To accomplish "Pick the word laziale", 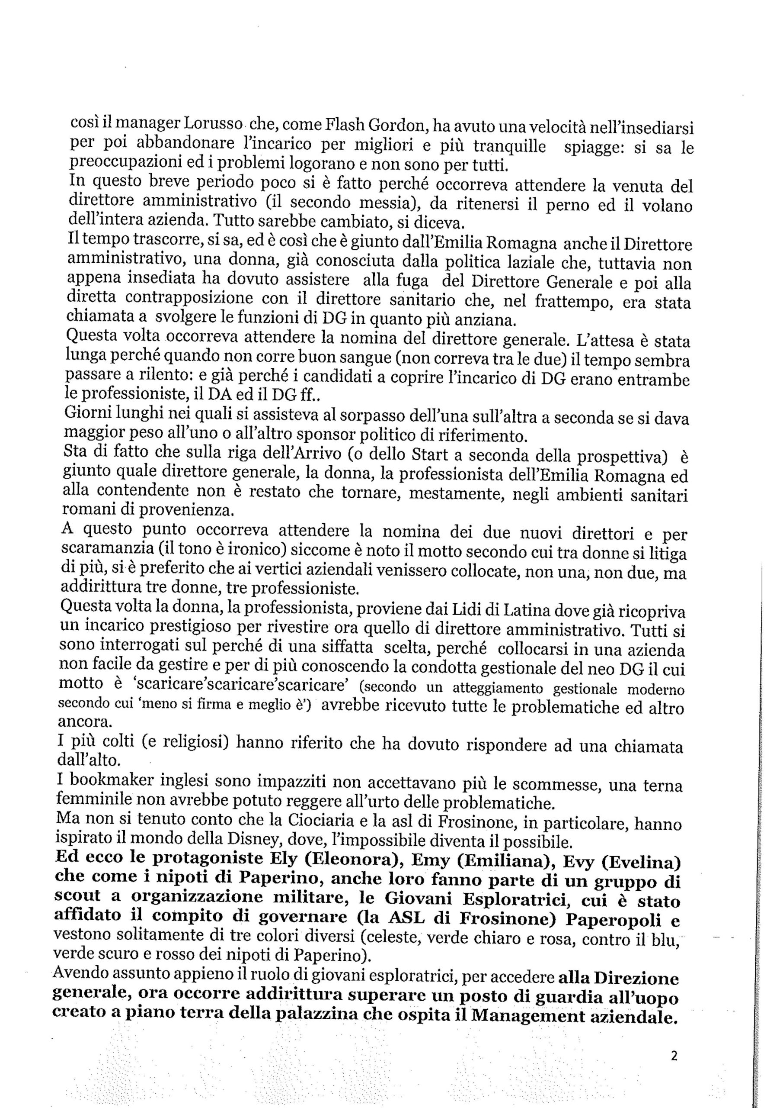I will pos(505,263).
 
